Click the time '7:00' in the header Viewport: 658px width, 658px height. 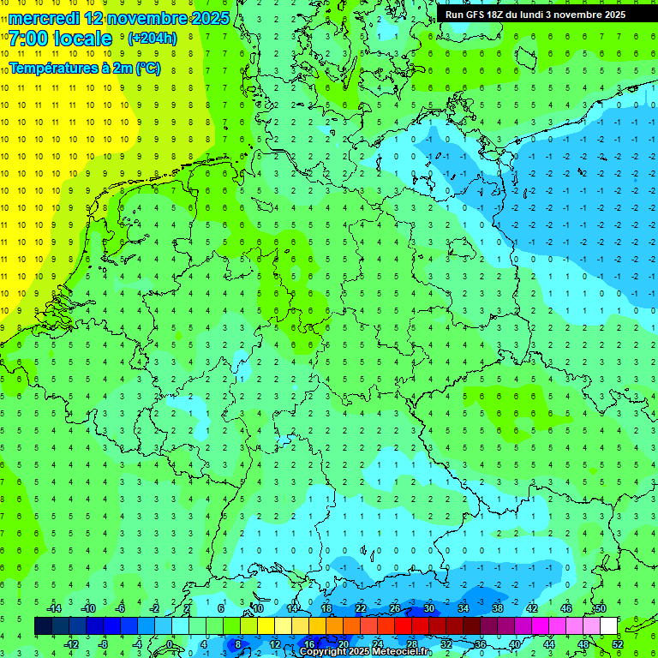(x=27, y=39)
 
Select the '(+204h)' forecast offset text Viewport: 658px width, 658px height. (x=152, y=39)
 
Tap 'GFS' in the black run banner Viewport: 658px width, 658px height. (x=476, y=15)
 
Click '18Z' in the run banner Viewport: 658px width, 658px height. (x=499, y=15)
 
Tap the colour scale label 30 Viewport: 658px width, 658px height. (x=429, y=608)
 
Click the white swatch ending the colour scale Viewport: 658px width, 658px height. (x=608, y=626)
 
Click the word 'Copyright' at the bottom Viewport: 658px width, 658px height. (x=322, y=652)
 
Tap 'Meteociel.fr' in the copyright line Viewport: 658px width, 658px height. (x=402, y=652)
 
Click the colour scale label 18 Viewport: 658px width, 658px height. (x=326, y=608)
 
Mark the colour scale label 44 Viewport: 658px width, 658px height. (x=549, y=644)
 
